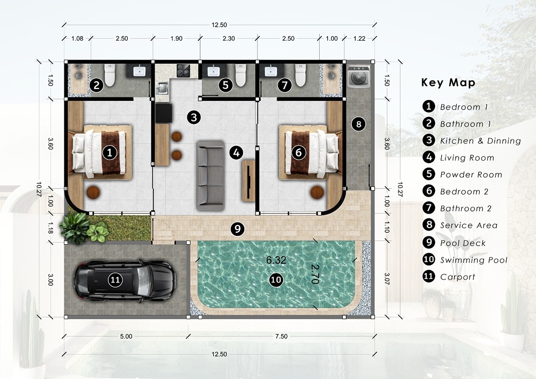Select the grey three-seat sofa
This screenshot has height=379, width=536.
pos(210,175)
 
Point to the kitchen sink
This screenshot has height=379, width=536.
pos(162,88)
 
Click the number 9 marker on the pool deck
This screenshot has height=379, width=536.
pos(237,228)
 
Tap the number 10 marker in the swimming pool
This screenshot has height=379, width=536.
pos(276,280)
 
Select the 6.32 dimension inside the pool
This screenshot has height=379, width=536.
pos(276,261)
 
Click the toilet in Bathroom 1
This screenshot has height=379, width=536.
pos(110,76)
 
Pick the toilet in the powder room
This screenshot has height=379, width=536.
pos(240,76)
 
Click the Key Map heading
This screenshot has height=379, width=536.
pos(448,83)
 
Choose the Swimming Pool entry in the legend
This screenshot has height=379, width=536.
pos(474,260)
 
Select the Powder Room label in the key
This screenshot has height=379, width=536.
pos(471,175)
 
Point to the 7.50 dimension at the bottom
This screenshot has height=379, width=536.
pos(281,336)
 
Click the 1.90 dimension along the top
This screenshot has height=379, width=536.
pos(177,39)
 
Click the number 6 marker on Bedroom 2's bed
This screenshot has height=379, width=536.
pos(299,152)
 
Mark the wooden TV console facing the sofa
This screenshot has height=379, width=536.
pos(249,180)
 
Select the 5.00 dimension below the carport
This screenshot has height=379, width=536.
pos(126,336)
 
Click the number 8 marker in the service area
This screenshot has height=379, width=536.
pos(358,124)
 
